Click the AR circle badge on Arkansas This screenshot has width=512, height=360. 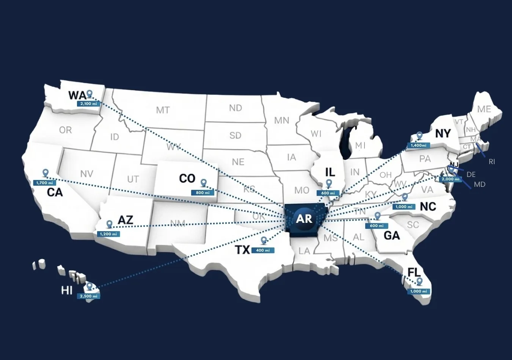pos(304,219)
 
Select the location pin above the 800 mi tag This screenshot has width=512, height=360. pos(203,183)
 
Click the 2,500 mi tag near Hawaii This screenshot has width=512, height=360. pos(89,296)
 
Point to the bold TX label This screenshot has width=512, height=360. pos(242,250)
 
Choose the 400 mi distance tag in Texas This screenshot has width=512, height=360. pos(263,250)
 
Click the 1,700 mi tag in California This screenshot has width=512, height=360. pos(44,183)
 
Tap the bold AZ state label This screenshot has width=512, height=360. pos(125,220)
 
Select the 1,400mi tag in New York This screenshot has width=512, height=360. pos(418,145)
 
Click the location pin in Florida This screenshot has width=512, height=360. pos(419,281)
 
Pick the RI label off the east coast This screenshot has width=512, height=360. pos(492,162)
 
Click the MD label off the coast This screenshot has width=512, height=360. pos(479,185)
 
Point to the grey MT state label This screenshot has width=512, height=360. pos(163,110)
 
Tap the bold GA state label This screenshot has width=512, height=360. pos(392,235)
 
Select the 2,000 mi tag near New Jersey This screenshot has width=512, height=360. pos(450,179)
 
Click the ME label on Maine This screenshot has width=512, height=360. pos(484,109)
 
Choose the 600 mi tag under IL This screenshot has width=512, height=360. pos(328,193)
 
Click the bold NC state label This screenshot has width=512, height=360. pos(428,207)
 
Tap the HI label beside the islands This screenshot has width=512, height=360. pos(67,291)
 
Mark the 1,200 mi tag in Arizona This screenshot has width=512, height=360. pos(109,234)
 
